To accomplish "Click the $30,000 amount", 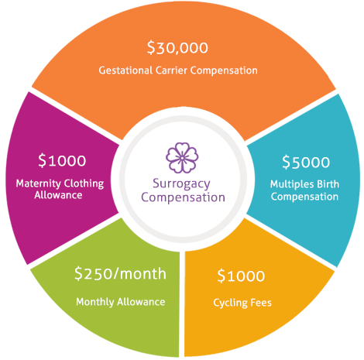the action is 177,48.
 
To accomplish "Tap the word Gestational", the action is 125,70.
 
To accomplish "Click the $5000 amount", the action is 306,162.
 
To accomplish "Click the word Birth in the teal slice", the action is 328,184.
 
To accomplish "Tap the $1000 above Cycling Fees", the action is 241,276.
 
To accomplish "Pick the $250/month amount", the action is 120,273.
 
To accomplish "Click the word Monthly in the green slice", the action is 95,302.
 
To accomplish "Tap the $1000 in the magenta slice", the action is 62,160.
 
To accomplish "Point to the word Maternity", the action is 39,183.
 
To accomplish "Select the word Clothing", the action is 84,183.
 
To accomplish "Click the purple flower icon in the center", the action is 182,157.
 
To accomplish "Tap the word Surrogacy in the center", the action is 181,184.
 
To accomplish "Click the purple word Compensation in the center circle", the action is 183,198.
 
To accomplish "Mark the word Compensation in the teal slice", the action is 304,197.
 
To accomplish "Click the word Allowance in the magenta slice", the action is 58,195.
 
